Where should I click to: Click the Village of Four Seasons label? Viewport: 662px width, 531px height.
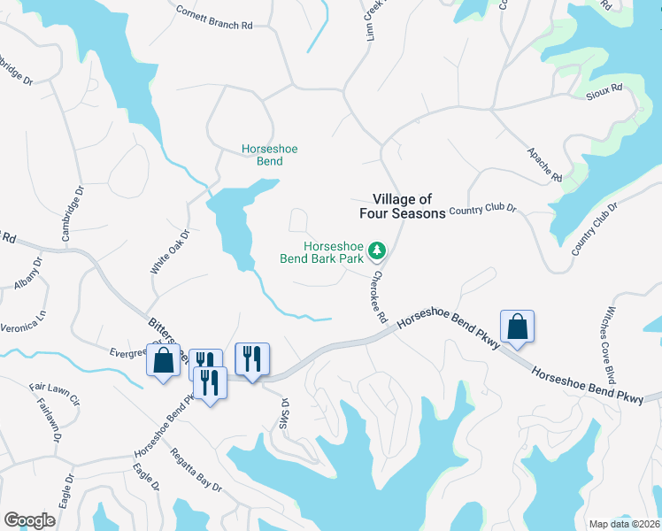(x=402, y=206)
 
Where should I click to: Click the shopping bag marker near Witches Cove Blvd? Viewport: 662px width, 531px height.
(x=518, y=327)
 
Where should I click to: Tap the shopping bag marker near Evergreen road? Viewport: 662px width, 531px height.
(x=163, y=361)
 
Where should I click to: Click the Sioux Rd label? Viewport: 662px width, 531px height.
(x=606, y=89)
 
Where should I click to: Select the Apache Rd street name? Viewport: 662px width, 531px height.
(x=544, y=165)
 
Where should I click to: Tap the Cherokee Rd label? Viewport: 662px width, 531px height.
(x=379, y=297)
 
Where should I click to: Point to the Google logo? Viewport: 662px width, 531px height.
(x=29, y=519)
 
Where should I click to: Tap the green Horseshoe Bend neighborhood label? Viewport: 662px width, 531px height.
(x=270, y=156)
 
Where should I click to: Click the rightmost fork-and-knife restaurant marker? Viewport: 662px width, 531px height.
(x=252, y=359)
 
